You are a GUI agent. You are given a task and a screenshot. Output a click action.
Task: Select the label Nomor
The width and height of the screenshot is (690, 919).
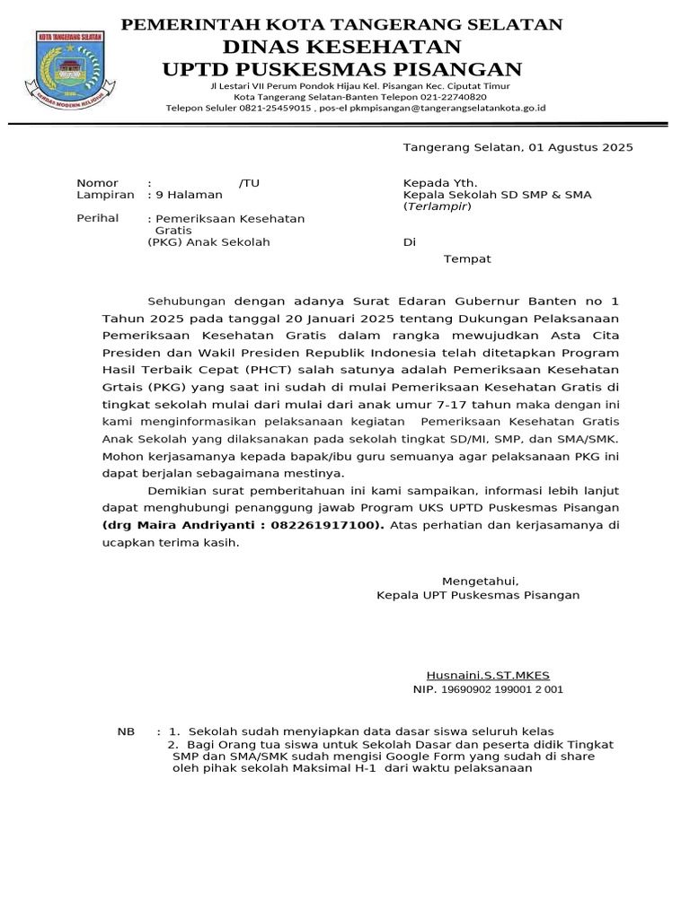[97, 183]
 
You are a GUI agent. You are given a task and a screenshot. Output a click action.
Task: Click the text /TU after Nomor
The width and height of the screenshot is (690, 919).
[249, 183]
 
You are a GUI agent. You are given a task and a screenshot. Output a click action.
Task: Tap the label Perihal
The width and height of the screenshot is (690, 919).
[98, 219]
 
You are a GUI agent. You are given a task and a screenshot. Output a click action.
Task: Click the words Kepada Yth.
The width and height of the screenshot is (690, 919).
[434, 183]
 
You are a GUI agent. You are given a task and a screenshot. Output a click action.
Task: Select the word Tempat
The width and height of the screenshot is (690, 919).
[467, 259]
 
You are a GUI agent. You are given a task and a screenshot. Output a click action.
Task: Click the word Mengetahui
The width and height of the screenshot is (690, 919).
[480, 582]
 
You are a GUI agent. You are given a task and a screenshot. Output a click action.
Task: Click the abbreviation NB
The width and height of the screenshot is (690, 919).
[126, 731]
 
